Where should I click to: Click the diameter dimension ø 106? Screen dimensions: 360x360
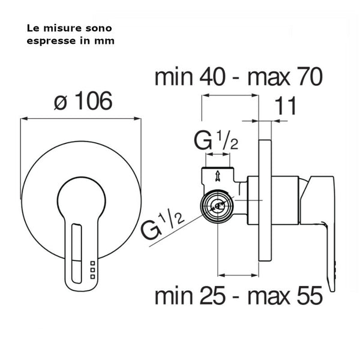(x=81, y=102)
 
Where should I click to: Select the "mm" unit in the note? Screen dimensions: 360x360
(x=107, y=41)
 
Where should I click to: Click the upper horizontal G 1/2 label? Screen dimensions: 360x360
(x=217, y=143)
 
